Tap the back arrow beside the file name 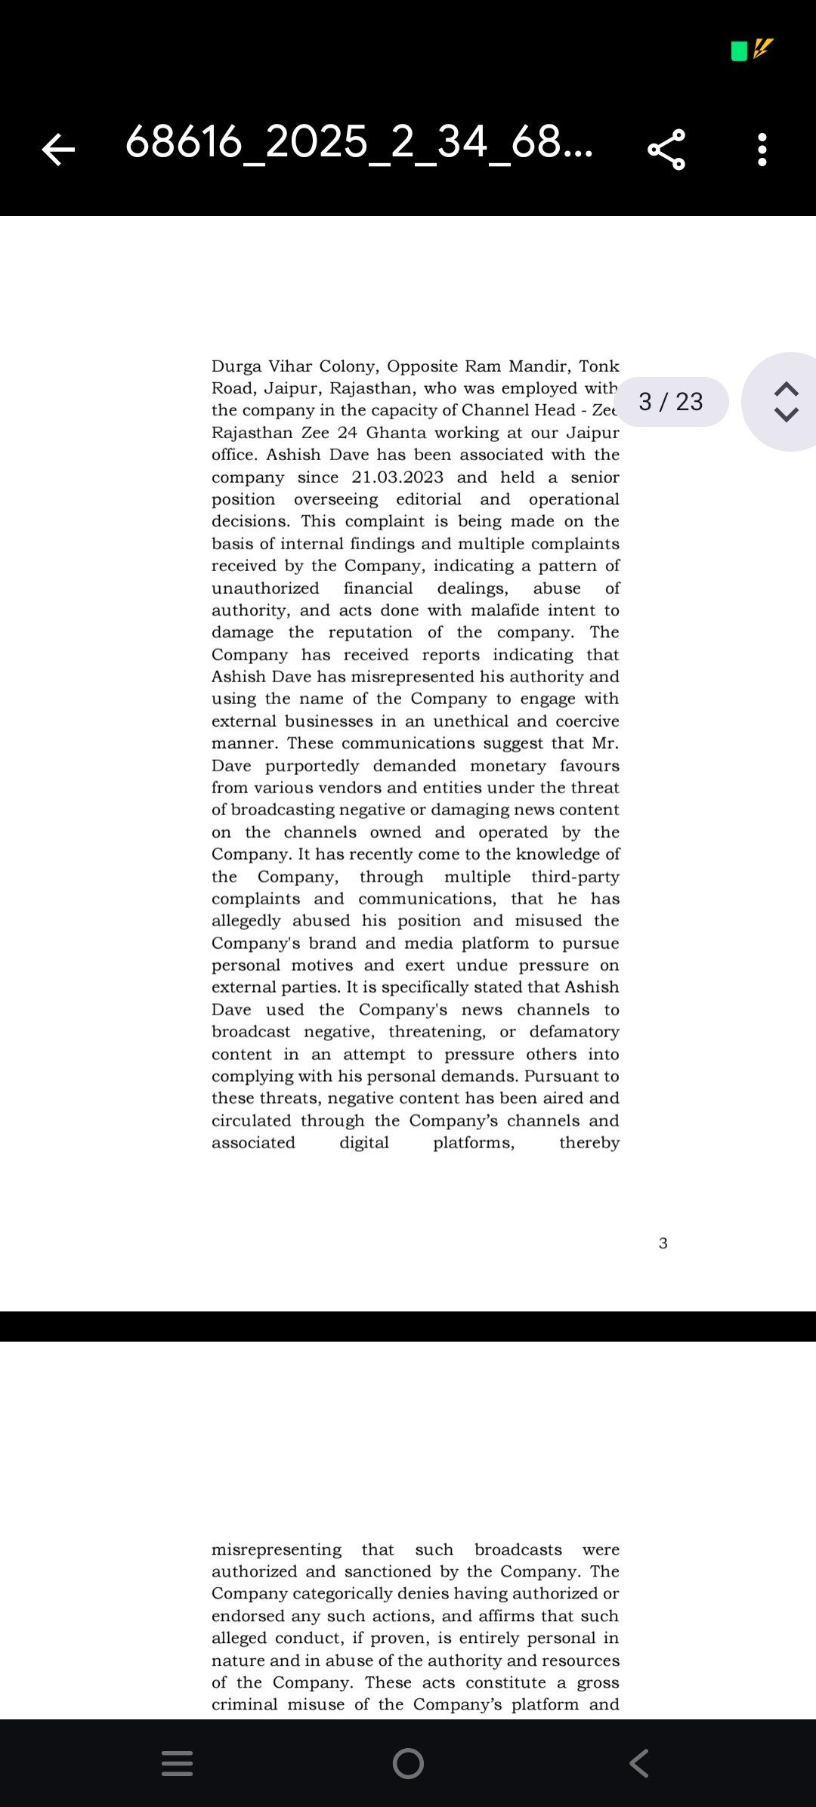tap(58, 149)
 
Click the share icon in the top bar tap(666, 149)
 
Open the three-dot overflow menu tap(762, 149)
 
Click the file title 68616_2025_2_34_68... tap(359, 142)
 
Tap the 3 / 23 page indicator tap(671, 401)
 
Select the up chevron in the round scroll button tap(787, 388)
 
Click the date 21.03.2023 tap(397, 477)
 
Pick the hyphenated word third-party tap(575, 877)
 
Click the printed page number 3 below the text tap(663, 1243)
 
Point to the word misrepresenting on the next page tap(277, 1549)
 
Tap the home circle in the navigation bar tap(408, 1763)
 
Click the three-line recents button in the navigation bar tap(178, 1763)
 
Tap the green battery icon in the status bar tap(739, 51)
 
